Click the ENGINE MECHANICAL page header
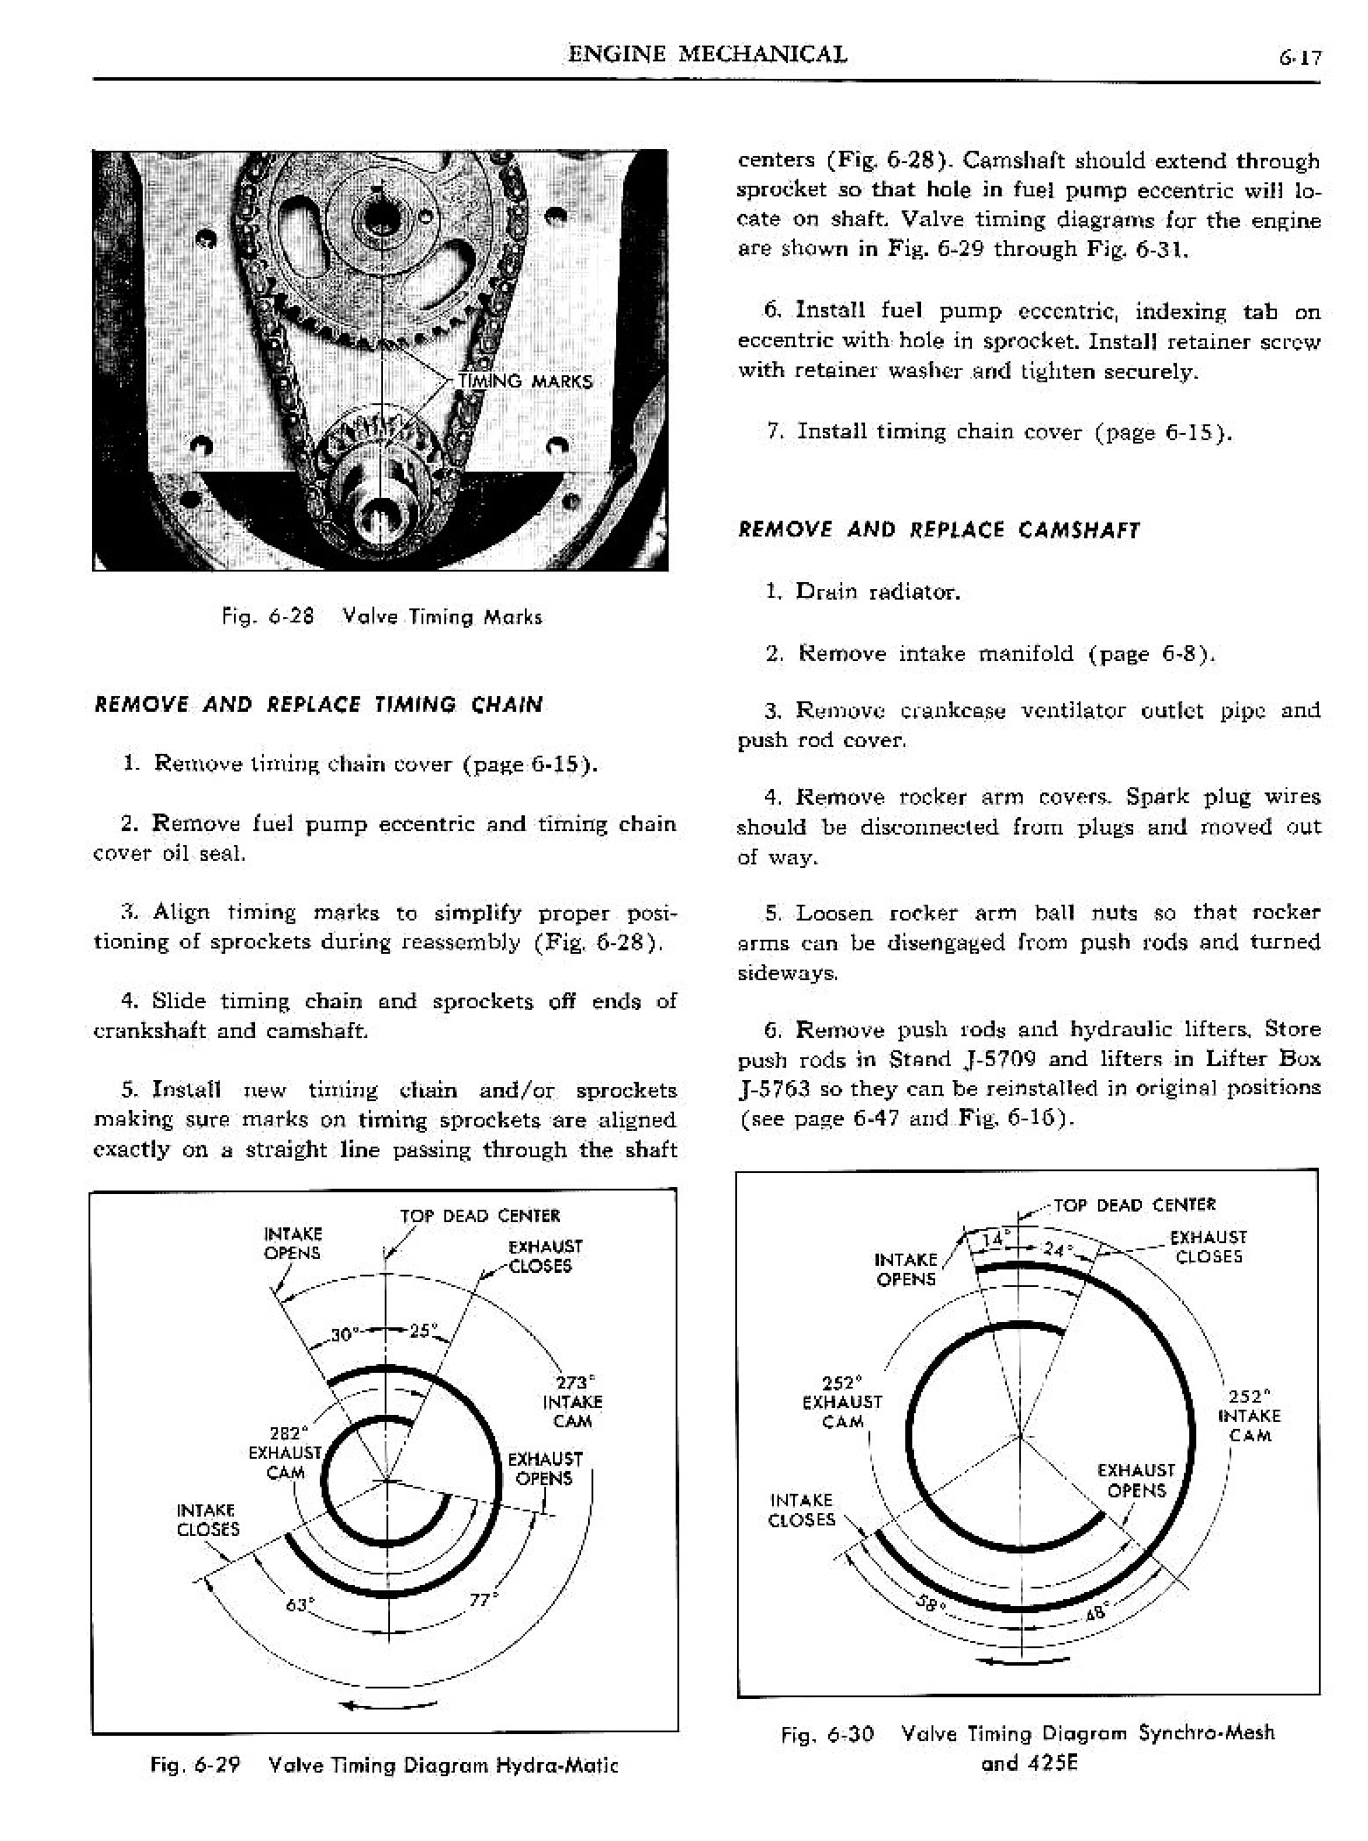tap(708, 54)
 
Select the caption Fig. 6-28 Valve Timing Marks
tap(382, 616)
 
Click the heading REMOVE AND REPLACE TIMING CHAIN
tap(318, 705)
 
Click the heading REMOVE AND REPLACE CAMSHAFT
tap(939, 530)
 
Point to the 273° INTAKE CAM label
tap(572, 1402)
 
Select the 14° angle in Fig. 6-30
tap(993, 1240)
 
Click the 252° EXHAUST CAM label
tap(842, 1402)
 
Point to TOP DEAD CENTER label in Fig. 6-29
tap(479, 1216)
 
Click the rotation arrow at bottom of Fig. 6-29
tap(387, 1705)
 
